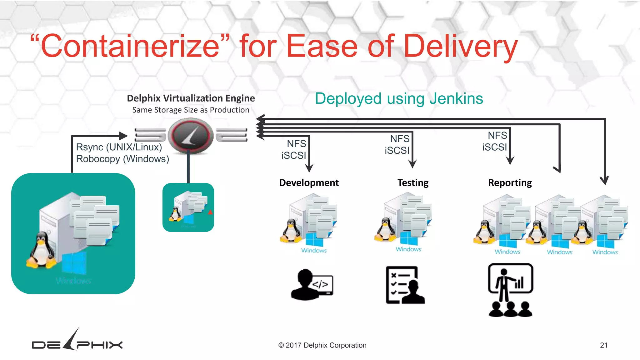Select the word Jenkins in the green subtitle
tap(456, 98)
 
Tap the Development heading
tap(309, 182)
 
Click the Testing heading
tap(413, 182)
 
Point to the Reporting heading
tap(510, 182)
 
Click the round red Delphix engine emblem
tap(191, 135)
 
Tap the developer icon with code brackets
tap(312, 285)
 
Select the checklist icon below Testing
tap(405, 285)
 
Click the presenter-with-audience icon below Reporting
tap(510, 290)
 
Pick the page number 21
tap(603, 345)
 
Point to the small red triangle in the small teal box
tap(210, 212)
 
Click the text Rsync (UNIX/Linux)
tap(119, 147)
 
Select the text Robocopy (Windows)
tap(122, 159)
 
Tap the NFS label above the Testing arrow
tap(400, 138)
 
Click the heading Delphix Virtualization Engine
tap(191, 98)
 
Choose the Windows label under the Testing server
tap(408, 249)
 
